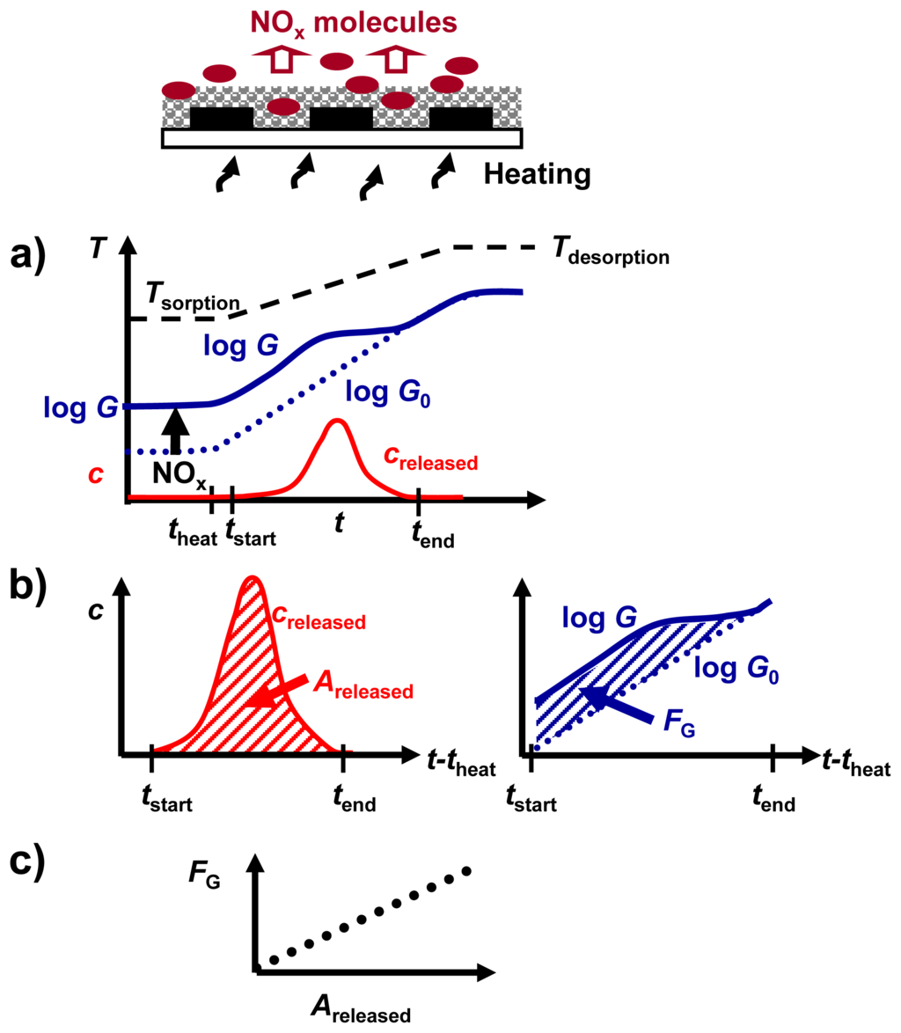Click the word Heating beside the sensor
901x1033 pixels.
pos(535,174)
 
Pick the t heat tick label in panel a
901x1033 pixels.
pos(192,532)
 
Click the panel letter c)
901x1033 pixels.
pos(33,867)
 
